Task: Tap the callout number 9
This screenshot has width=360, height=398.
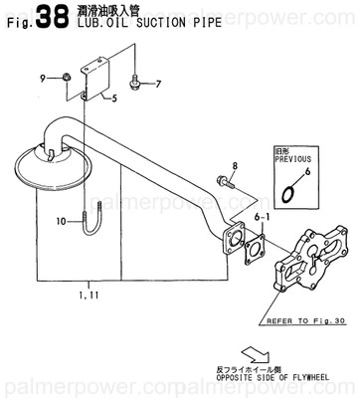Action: (42, 77)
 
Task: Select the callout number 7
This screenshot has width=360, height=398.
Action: (157, 83)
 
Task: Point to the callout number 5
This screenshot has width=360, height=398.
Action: (114, 98)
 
